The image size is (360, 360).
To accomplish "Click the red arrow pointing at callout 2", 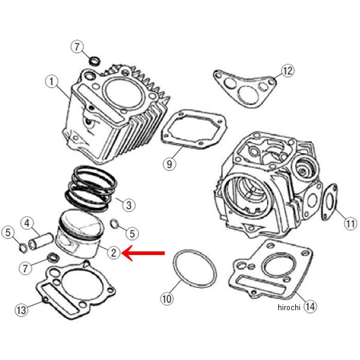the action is (143, 253).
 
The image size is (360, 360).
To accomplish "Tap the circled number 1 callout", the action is (52, 82).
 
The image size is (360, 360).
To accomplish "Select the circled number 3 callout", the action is (128, 205).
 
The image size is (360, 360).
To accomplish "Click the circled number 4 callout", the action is (27, 223).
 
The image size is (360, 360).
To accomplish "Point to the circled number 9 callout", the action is (169, 164).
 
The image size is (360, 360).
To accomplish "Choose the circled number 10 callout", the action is (167, 299).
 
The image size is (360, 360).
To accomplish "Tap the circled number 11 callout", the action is (350, 223).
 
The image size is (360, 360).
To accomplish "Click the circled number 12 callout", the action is (287, 70).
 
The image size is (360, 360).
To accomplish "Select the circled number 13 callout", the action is (22, 310).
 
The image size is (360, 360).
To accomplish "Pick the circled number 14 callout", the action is (310, 306).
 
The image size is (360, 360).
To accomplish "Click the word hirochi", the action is (289, 307).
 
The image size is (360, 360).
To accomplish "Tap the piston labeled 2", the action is (79, 234).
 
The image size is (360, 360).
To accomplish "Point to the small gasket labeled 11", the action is (329, 202).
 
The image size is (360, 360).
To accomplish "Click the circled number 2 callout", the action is (114, 253).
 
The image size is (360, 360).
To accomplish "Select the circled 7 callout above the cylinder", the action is (77, 47).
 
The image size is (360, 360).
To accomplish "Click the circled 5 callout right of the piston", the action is (132, 233).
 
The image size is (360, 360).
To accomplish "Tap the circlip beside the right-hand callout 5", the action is (115, 224).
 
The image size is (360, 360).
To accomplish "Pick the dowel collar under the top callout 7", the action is (95, 61).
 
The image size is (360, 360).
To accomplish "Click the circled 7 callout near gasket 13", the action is (25, 268).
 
